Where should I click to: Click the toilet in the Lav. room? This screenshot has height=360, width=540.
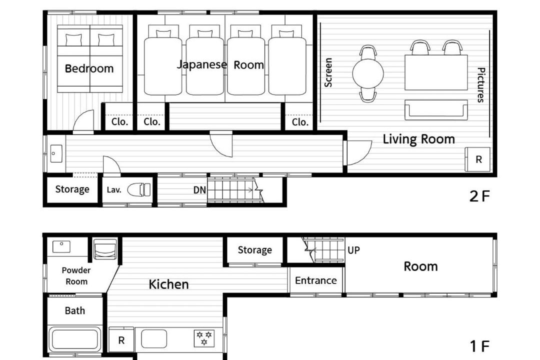coord(139,189)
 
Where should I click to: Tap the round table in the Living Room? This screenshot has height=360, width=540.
coord(368,73)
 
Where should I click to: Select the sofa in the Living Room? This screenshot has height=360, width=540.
coord(436,110)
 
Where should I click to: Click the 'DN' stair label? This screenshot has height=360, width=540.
coord(199,190)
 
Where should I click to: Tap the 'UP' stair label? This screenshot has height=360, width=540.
coord(353,250)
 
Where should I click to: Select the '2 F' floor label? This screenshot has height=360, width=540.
coord(479,196)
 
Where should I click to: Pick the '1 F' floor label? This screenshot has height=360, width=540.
coord(479,346)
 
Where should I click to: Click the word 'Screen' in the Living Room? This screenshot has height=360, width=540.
coord(328,72)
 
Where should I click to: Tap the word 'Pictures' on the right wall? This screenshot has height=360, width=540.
coord(481,84)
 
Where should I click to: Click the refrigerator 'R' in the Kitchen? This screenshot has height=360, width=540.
coord(121,340)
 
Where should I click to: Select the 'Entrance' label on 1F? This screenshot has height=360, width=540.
coord(316,280)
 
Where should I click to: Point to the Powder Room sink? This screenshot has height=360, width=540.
coord(61,246)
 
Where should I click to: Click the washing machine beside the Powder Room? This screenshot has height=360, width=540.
coord(105,248)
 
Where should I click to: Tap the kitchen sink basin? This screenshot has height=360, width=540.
coord(154,338)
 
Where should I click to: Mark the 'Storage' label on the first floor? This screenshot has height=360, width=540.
coord(255,250)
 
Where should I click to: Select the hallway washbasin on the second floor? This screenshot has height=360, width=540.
coord(56,153)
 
